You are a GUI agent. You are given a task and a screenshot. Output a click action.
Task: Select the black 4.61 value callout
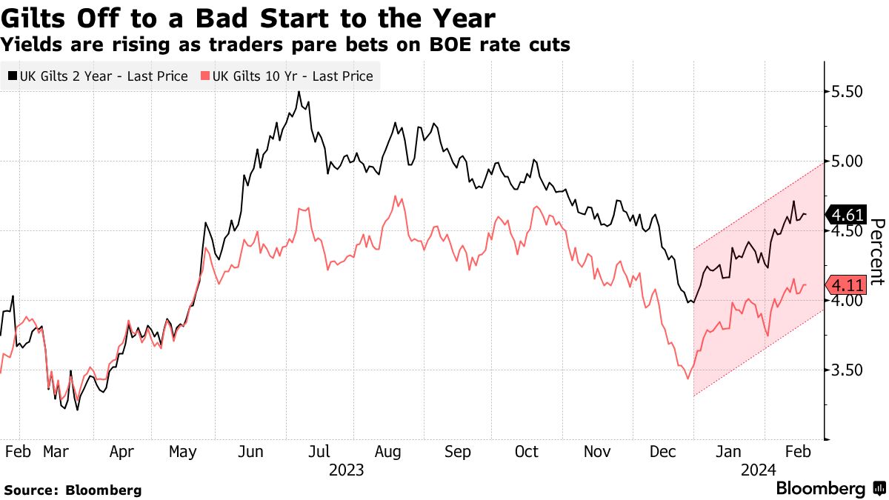pyautogui.click(x=848, y=216)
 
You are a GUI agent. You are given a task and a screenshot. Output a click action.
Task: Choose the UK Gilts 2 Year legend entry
pyautogui.click(x=98, y=76)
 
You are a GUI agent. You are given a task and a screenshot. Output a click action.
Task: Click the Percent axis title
pyautogui.click(x=879, y=252)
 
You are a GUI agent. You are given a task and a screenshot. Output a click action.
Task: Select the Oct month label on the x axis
pyautogui.click(x=526, y=452)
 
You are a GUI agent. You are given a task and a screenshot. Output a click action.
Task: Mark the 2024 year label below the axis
pyautogui.click(x=758, y=470)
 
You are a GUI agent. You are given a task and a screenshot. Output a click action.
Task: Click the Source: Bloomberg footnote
pyautogui.click(x=72, y=490)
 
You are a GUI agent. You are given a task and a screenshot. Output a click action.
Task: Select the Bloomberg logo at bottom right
pyautogui.click(x=830, y=489)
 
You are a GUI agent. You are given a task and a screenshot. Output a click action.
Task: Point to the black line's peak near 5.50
pyautogui.click(x=299, y=92)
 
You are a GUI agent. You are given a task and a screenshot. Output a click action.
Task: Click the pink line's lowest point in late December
pyautogui.click(x=688, y=379)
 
